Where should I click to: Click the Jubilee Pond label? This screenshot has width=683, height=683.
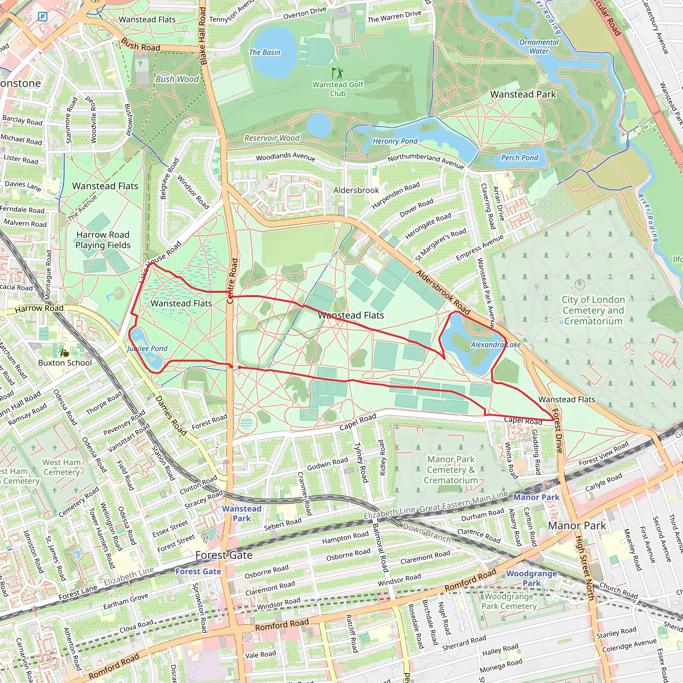point(147,349)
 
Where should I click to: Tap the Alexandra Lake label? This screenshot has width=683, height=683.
point(496,345)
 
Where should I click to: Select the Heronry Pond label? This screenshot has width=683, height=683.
point(395,141)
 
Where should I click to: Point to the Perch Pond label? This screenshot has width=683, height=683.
point(519,158)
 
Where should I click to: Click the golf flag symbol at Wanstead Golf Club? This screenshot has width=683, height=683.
point(337,73)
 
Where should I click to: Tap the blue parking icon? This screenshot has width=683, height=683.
point(42,16)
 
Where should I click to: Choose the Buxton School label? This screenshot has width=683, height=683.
point(65,363)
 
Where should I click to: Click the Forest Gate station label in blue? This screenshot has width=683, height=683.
point(198,571)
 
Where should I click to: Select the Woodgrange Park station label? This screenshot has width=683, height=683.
point(531,578)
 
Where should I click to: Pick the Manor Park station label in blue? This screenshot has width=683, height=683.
point(536,497)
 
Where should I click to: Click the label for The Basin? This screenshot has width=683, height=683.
point(264,52)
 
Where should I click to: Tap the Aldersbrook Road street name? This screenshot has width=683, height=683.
point(443,292)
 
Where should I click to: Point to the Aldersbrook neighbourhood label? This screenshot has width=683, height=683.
point(356,190)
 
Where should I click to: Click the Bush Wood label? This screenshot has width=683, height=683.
point(177,79)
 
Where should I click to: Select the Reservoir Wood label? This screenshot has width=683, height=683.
point(272,138)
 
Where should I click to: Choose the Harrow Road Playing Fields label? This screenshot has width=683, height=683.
point(103,240)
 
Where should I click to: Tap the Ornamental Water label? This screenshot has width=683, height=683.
point(539,47)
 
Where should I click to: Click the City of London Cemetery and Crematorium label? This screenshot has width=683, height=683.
point(593,310)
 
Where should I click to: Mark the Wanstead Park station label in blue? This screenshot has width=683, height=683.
point(241,513)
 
